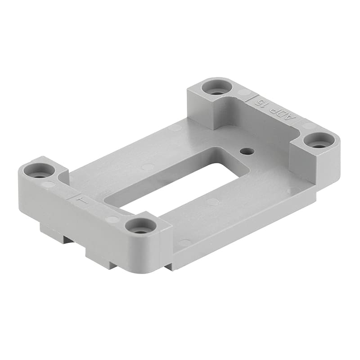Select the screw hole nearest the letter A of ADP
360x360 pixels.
point(319,140)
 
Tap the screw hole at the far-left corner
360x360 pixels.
point(39,170)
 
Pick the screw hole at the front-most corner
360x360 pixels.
point(141,225)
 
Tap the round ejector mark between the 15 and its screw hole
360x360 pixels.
point(243,93)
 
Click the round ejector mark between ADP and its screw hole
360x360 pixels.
point(307,126)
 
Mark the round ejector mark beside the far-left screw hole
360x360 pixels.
point(49,184)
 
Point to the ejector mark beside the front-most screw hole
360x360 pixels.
point(112,220)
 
